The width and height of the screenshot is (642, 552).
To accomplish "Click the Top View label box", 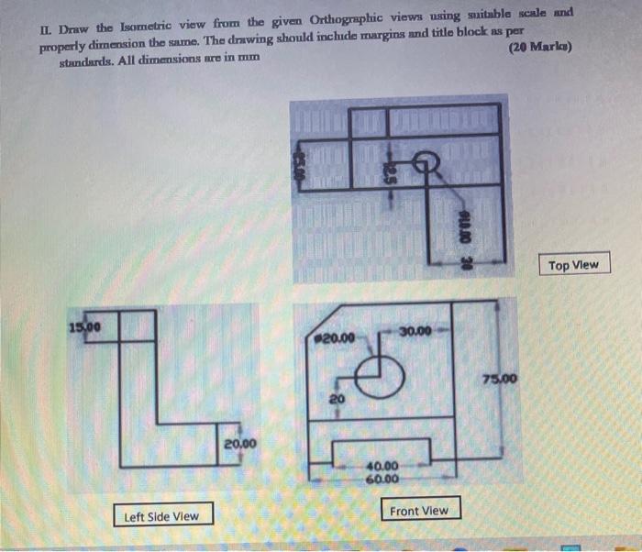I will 573,265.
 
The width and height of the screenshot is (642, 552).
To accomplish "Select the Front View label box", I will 420,510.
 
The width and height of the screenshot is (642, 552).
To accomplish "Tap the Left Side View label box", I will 161,515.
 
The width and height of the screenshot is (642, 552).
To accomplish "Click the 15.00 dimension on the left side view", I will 83,325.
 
